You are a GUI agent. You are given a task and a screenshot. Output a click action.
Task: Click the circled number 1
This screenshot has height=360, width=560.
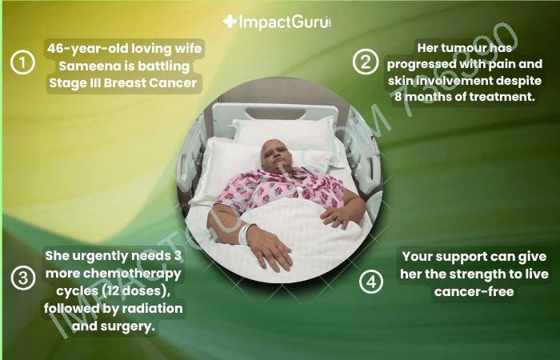tap(22, 62)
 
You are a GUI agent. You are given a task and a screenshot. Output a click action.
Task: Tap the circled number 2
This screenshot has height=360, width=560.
tap(366, 62)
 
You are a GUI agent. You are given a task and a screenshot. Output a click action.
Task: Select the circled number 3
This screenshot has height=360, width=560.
tap(23, 278)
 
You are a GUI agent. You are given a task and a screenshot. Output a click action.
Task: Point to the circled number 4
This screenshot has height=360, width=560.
tap(371, 282)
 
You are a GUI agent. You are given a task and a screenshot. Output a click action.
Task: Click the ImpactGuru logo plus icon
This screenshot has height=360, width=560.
tap(230, 22)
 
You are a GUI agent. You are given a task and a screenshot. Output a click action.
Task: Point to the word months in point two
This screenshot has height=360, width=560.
tap(438, 97)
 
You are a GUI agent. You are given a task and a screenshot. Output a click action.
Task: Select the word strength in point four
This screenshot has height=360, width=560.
tap(479, 274)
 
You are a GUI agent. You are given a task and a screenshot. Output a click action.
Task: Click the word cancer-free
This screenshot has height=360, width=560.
tap(474, 292)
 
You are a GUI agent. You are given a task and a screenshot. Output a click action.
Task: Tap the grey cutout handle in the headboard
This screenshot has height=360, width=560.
tap(275, 114)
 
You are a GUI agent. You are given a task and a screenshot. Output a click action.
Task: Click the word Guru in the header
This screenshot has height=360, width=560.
tap(309, 22)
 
